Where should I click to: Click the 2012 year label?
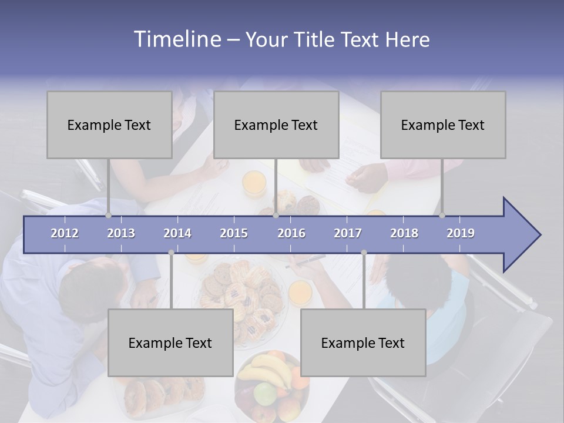click(x=65, y=233)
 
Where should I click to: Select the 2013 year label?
click(x=121, y=233)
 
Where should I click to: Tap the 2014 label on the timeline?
click(x=177, y=233)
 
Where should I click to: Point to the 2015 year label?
click(x=234, y=233)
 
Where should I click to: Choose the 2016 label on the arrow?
click(x=291, y=233)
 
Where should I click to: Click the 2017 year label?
click(x=348, y=233)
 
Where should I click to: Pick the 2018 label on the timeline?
click(x=404, y=233)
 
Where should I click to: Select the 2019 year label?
click(x=461, y=233)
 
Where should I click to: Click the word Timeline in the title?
click(x=176, y=39)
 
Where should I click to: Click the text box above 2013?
click(x=109, y=125)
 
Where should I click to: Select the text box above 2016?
click(x=276, y=125)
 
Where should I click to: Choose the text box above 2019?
click(x=443, y=125)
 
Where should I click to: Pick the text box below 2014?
click(x=170, y=343)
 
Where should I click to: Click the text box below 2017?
click(x=363, y=343)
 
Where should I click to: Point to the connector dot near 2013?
click(x=109, y=216)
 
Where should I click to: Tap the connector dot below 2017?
click(x=364, y=253)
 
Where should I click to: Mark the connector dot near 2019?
click(x=442, y=216)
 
